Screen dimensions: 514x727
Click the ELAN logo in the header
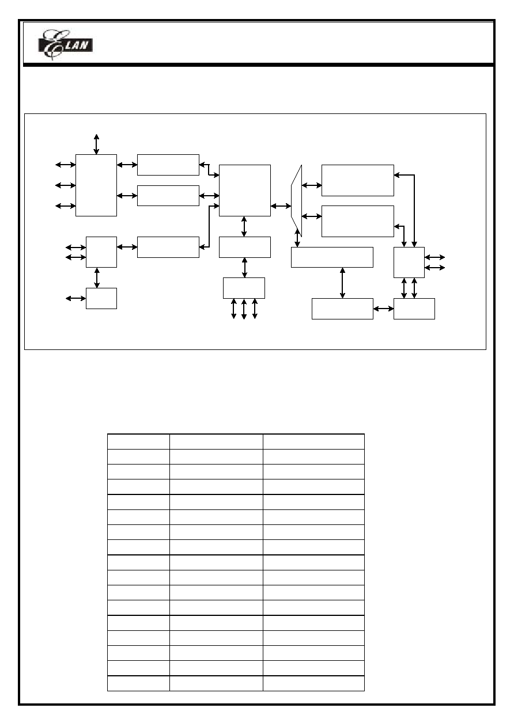click(65, 45)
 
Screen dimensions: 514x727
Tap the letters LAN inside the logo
click(77, 45)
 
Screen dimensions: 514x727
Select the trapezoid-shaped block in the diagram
click(296, 200)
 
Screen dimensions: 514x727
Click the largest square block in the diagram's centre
click(245, 190)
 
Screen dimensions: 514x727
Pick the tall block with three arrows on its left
click(96, 185)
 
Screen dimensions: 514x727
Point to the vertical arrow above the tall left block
click(96, 144)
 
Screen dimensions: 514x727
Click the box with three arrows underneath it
click(244, 288)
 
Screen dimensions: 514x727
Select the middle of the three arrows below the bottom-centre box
click(244, 309)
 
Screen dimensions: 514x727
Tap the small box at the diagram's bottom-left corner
click(101, 298)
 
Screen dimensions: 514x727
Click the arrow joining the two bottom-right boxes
click(383, 309)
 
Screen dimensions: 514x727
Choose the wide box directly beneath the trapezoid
click(332, 257)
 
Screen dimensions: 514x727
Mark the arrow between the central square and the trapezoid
click(281, 205)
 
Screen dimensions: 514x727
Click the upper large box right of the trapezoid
click(358, 180)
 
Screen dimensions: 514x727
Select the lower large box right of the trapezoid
click(358, 221)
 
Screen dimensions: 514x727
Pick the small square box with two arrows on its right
click(409, 262)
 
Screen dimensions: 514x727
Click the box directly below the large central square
click(245, 247)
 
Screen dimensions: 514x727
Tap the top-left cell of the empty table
click(138, 441)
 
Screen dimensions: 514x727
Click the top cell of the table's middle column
click(216, 441)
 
